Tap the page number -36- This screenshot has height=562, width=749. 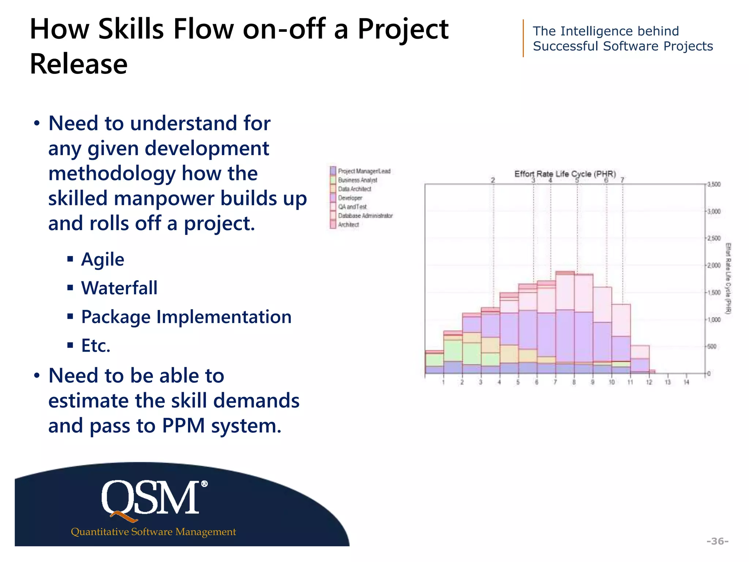click(717, 541)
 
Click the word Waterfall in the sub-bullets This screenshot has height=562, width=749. click(119, 288)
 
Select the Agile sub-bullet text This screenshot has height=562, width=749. click(103, 259)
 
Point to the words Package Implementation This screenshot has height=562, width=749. click(186, 317)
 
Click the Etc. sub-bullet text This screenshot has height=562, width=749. click(96, 345)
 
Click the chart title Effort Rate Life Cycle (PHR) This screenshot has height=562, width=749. click(565, 174)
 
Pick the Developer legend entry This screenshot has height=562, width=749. click(350, 198)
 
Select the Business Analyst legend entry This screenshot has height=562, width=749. click(357, 180)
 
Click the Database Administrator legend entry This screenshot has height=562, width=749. click(365, 216)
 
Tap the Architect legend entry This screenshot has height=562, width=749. click(348, 225)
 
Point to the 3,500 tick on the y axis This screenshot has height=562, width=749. click(714, 184)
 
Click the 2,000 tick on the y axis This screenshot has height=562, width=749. click(714, 265)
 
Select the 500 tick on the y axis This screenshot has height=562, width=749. click(712, 346)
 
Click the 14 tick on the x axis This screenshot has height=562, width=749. click(686, 382)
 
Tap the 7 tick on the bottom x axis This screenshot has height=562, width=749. click(555, 382)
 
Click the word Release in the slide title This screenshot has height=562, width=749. click(79, 64)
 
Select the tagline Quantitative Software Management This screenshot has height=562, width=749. click(153, 532)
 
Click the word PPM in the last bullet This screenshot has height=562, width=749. click(183, 426)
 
